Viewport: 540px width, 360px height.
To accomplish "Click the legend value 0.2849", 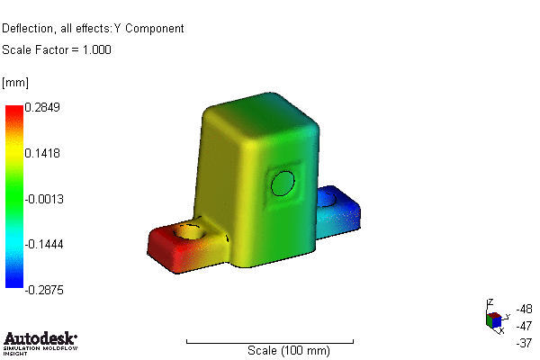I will pos(41,107).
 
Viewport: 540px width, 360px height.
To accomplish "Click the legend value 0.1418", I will pos(41,153).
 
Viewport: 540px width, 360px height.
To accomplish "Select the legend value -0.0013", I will pos(43,198).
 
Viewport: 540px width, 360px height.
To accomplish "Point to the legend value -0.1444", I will pos(43,244).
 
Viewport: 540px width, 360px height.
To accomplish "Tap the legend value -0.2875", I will pos(43,289).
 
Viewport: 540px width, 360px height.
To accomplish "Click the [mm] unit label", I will pos(15,83).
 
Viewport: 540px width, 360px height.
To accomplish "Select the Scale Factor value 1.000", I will pos(96,50).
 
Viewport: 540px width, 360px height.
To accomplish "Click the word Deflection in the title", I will pos(30,28).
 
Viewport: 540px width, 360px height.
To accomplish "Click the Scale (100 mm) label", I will pos(288,349).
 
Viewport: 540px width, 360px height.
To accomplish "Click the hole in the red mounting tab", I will pos(190,231).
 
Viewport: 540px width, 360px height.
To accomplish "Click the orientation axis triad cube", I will pos(494,320).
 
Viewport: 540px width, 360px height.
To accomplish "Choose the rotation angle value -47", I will pos(525,325).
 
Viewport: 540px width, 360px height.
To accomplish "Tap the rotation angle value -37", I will pos(525,342).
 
